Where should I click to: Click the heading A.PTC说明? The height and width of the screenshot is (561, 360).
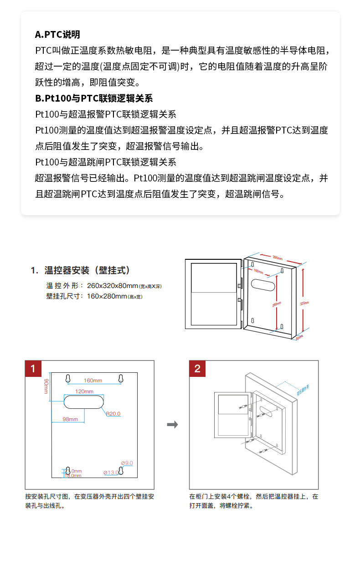[57, 35]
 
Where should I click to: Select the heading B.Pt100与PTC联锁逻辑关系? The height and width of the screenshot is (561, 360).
[94, 98]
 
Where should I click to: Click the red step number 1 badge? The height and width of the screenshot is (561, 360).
[33, 369]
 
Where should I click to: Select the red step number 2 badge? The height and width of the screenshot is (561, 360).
[197, 369]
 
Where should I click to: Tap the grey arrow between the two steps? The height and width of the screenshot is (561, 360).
[172, 425]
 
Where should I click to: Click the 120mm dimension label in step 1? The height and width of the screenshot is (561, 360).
[84, 391]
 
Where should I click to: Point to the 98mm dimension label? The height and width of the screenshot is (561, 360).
[70, 419]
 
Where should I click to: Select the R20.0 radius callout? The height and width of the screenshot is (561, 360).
[113, 414]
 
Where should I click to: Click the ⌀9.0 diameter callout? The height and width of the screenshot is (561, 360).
[128, 463]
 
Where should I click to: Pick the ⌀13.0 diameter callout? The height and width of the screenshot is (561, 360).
[111, 473]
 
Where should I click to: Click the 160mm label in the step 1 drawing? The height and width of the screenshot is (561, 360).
[93, 381]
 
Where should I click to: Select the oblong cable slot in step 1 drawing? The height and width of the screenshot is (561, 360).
[84, 402]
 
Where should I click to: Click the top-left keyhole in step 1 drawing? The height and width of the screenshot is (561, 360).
[67, 379]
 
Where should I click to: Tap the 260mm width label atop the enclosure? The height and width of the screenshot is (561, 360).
[277, 257]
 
